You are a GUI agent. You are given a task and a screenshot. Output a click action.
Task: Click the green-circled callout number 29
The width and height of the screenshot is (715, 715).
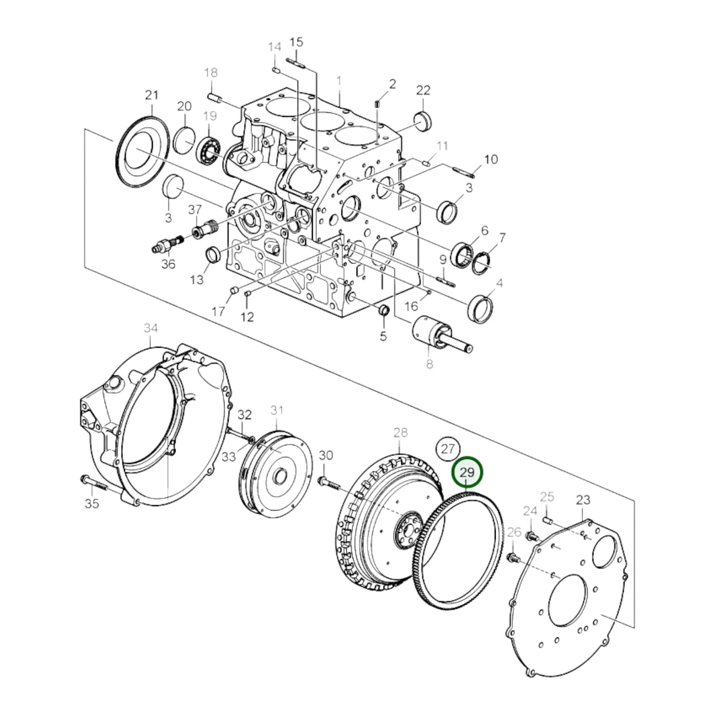pos(467,472)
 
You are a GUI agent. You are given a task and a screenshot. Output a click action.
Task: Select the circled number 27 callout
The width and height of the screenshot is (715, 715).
pos(447,449)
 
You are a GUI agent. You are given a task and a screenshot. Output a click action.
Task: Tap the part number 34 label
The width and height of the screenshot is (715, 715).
pos(151,328)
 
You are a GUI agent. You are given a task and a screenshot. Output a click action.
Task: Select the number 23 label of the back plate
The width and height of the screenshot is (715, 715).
pos(583,500)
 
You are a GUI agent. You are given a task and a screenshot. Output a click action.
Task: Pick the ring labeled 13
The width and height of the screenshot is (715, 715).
pos(213,255)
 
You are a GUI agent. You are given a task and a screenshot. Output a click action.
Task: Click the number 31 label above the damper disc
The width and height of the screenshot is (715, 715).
pos(277,410)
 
